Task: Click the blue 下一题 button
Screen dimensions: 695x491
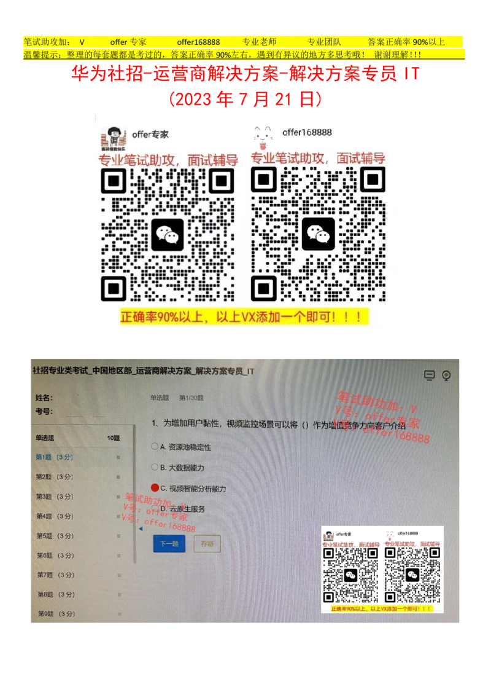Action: coord(169,543)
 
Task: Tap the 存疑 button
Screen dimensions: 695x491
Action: coord(207,543)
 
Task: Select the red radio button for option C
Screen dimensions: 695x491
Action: coord(155,488)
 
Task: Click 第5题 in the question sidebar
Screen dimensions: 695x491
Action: coord(55,536)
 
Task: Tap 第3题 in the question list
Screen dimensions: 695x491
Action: coord(55,497)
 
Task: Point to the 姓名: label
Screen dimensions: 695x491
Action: coord(44,398)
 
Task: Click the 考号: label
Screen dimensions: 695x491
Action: coord(44,411)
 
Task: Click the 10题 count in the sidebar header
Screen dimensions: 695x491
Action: coord(114,438)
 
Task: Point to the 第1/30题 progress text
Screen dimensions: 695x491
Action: coord(191,398)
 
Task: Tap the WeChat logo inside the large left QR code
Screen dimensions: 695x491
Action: coord(168,234)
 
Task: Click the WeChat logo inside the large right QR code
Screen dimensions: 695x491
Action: coord(319,234)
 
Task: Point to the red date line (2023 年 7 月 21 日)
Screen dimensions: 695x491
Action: coord(245,100)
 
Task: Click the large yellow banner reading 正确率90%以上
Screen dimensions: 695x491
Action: coord(245,317)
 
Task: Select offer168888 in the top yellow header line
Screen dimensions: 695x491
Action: coord(198,42)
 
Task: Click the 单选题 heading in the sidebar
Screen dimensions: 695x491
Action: coord(45,438)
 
